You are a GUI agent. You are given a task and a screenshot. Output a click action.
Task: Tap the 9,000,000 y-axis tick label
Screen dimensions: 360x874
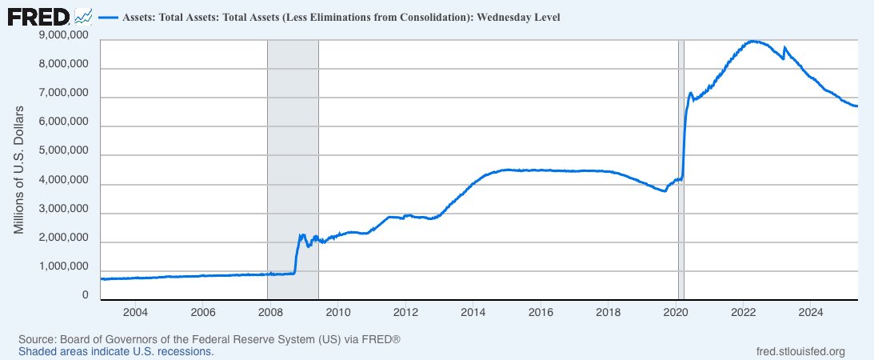coord(63,35)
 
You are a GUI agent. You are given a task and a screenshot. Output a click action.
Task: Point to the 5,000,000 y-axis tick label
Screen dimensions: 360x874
coord(63,151)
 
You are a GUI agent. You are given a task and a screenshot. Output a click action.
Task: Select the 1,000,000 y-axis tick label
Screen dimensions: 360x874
coord(63,267)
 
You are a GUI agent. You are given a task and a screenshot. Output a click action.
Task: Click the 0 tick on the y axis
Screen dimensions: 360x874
coord(84,295)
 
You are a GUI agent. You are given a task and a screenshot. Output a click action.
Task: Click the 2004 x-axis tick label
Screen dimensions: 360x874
coord(135,311)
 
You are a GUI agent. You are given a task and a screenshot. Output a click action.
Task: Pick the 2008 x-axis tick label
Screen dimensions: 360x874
coord(270,311)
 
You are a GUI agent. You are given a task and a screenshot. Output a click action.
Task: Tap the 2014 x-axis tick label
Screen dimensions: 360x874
coord(473,311)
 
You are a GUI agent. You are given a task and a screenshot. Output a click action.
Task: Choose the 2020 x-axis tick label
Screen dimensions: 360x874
coord(676,311)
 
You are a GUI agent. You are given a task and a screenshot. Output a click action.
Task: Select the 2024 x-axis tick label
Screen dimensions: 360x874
coord(812,311)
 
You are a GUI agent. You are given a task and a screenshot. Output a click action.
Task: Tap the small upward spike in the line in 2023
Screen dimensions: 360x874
coord(784,48)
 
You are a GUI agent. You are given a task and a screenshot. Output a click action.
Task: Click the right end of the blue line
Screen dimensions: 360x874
coord(857,106)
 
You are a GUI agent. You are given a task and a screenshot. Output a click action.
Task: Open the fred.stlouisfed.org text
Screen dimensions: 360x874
coord(800,351)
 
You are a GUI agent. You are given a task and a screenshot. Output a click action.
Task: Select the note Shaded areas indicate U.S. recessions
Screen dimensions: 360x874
coord(116,351)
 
